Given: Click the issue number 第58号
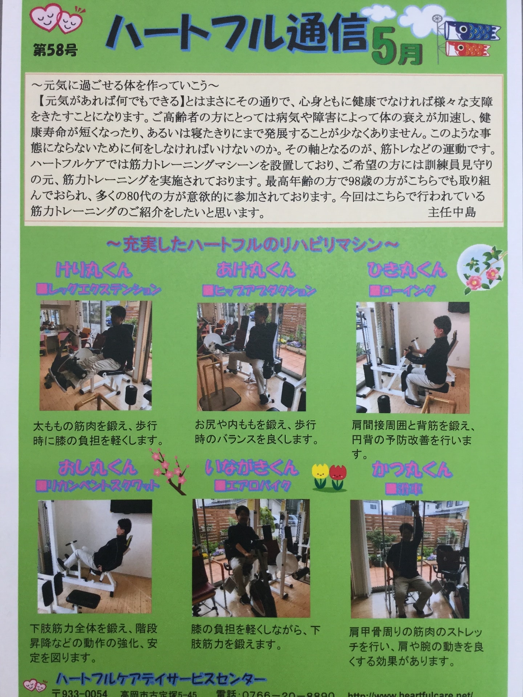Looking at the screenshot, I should click(55, 50).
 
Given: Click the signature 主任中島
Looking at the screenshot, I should click(452, 212).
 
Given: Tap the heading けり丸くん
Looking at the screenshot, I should click(94, 270).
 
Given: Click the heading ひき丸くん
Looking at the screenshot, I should click(406, 270).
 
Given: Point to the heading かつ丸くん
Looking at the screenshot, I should click(411, 469).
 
